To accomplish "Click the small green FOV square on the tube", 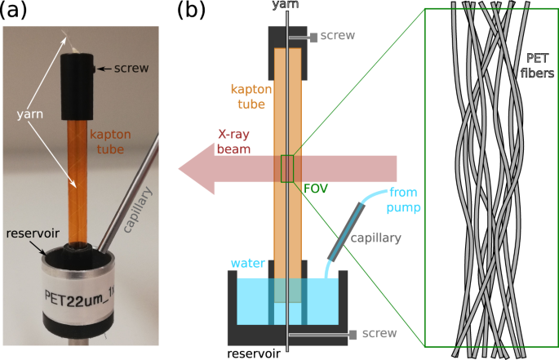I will click(287, 168).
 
